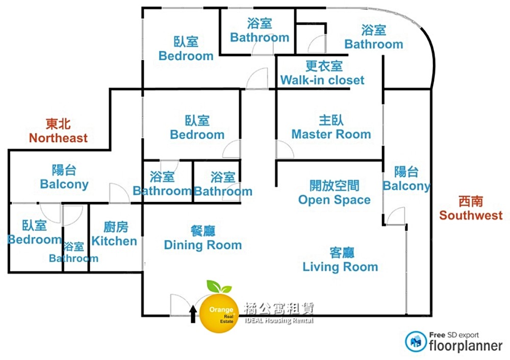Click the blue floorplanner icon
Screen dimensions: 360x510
[416, 342]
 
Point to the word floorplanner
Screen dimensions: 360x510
[465, 346]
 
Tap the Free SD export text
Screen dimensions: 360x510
[454, 335]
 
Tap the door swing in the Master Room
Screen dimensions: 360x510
[284, 150]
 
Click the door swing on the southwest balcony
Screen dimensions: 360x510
[396, 216]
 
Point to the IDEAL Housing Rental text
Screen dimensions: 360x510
[279, 321]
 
